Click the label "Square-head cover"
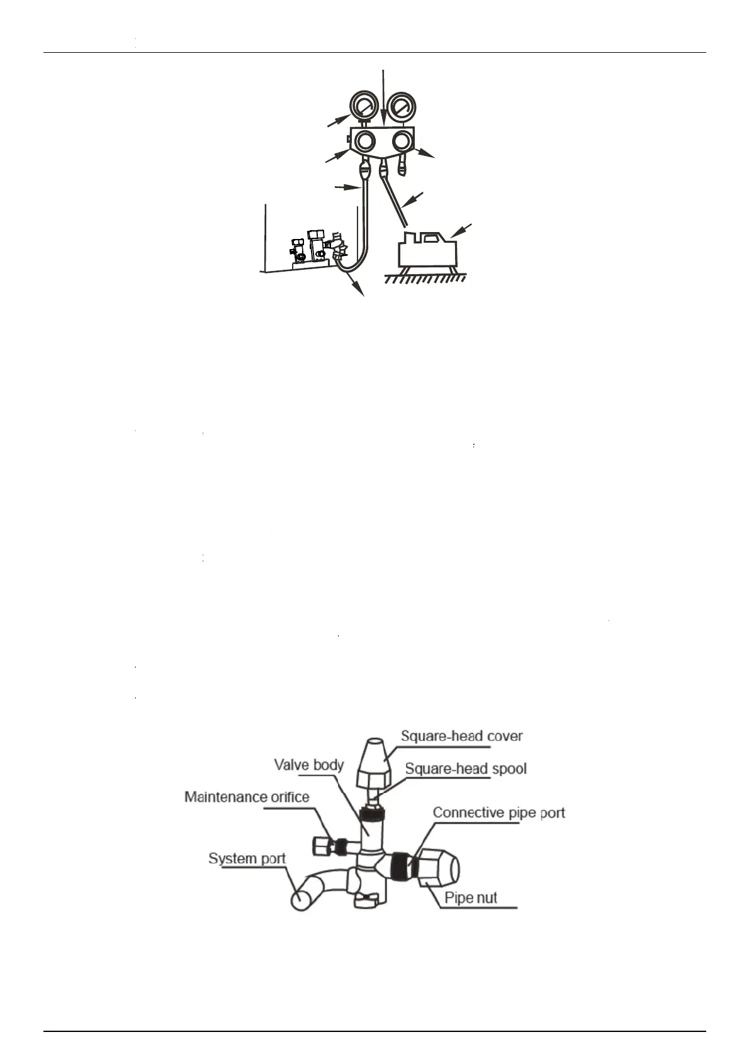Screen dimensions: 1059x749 (462, 736)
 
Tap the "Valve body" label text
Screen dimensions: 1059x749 (308, 765)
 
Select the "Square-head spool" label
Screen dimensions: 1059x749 (466, 768)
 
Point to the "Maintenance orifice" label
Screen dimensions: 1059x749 (247, 797)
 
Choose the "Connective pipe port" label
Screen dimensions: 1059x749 (499, 812)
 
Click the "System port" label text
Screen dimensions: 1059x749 (247, 858)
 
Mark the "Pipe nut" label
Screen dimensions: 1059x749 (471, 897)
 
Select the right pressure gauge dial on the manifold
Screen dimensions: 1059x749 (400, 104)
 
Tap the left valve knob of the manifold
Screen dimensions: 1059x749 (364, 141)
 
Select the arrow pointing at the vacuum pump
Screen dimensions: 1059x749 (463, 230)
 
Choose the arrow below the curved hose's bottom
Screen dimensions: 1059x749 (357, 287)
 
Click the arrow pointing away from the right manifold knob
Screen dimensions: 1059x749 (425, 153)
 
